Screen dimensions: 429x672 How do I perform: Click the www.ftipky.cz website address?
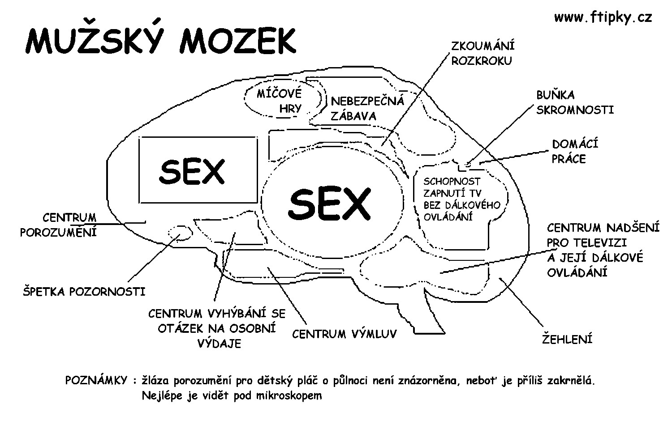(x=603, y=17)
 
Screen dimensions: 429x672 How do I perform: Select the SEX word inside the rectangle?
(x=192, y=171)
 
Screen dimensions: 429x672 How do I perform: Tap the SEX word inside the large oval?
(x=330, y=204)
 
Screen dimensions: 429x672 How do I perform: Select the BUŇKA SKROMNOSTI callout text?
(x=575, y=102)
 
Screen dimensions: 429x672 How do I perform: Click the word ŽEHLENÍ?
(x=567, y=339)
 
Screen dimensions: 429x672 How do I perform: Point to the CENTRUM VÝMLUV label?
(x=344, y=334)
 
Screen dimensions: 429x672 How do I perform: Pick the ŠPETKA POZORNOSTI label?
(x=84, y=292)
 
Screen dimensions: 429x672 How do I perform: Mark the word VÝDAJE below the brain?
(x=220, y=344)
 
